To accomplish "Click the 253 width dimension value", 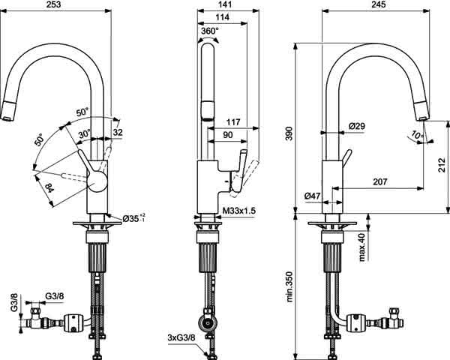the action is tap(53, 5).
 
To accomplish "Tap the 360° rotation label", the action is tap(209, 31).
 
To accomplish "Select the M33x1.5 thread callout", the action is tap(239, 211).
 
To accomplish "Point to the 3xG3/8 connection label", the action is tap(181, 338).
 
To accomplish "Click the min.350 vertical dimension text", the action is tap(289, 286).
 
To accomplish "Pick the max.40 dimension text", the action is tap(362, 247).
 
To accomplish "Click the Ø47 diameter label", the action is tap(312, 196).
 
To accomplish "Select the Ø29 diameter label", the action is tap(357, 126).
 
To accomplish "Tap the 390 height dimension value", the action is tap(289, 133).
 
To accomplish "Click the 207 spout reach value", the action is tap(380, 181).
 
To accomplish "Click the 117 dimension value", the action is tap(233, 122).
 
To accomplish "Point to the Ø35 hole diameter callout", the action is tap(134, 218).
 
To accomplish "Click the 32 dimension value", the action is tap(118, 132).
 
